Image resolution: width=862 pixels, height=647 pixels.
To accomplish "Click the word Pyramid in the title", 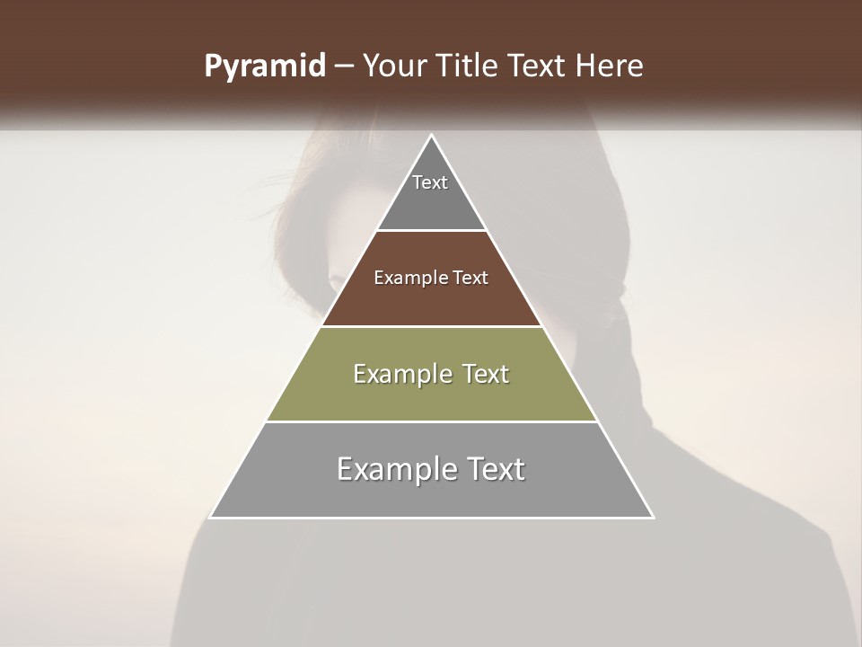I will [x=264, y=66].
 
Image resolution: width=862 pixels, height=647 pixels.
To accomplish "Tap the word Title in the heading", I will [x=471, y=66].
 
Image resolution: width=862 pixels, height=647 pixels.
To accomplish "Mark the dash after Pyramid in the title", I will [x=344, y=66].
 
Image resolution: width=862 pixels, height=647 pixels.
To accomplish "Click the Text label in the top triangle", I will [x=430, y=182].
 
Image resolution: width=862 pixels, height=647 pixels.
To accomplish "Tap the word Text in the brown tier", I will [x=471, y=279].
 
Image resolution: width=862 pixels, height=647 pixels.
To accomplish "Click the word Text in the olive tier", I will [x=486, y=374].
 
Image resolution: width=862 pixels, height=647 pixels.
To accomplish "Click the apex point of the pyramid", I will [x=431, y=135].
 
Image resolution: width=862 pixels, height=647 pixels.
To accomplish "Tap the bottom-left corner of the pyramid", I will [x=210, y=518].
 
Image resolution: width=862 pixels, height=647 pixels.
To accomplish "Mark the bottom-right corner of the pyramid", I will [x=653, y=518].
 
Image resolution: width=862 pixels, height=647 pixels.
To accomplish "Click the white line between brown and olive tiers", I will [x=431, y=326].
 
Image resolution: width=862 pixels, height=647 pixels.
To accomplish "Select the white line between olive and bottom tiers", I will [x=431, y=421].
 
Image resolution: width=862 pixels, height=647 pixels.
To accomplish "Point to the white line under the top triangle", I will [x=431, y=231].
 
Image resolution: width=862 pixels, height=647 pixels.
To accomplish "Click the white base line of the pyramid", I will [x=431, y=518].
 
